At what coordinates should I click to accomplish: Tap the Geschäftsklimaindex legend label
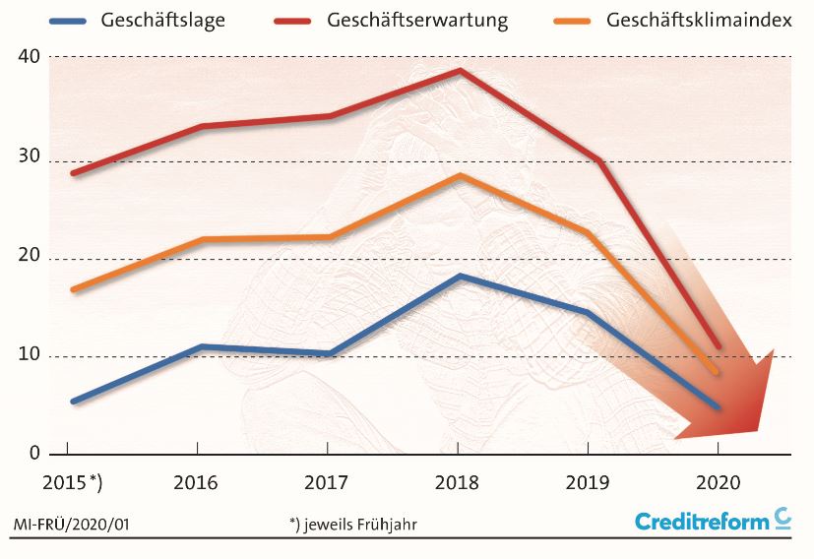click(699, 21)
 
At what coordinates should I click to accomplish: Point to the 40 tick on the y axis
click(29, 57)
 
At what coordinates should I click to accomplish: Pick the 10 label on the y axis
click(29, 354)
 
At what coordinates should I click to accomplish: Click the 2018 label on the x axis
click(457, 482)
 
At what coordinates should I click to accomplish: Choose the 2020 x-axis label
click(718, 482)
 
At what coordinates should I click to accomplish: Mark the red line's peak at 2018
click(459, 71)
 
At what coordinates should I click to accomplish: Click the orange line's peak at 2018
click(459, 175)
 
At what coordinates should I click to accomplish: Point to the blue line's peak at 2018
click(459, 277)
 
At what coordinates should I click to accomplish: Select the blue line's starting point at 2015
click(73, 402)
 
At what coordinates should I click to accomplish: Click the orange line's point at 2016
click(200, 239)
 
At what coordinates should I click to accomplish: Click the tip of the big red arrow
click(758, 430)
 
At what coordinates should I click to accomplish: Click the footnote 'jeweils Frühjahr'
click(359, 525)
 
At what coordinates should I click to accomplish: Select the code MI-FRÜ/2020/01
click(71, 525)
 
